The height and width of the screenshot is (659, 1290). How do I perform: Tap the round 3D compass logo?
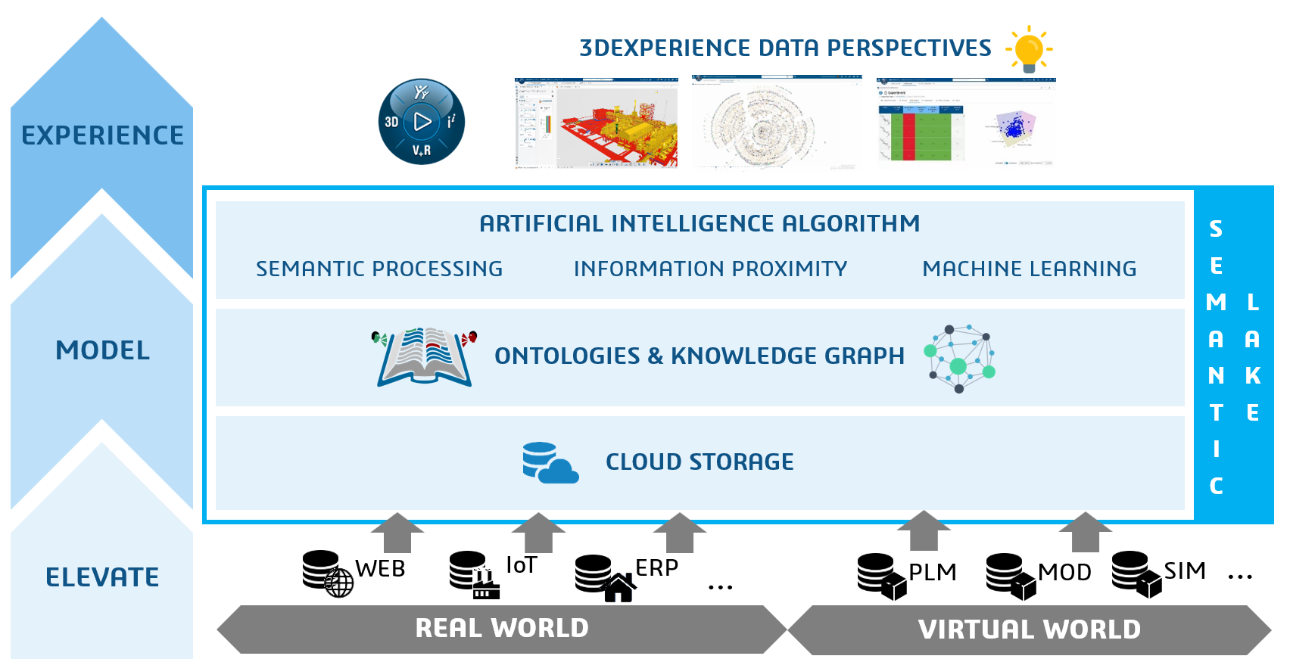[x=422, y=122]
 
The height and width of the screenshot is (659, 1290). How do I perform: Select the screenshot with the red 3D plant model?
[x=597, y=123]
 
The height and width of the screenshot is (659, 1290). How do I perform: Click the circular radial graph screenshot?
[x=777, y=123]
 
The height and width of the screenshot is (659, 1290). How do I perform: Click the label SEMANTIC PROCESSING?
[x=379, y=269]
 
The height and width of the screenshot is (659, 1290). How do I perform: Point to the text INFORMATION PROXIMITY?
[x=710, y=269]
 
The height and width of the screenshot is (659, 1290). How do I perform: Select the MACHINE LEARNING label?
[x=1029, y=269]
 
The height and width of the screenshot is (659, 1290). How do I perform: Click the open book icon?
[x=425, y=357]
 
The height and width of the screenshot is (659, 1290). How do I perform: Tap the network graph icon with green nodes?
[x=959, y=359]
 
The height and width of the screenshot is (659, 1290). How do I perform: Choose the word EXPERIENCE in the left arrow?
[x=102, y=135]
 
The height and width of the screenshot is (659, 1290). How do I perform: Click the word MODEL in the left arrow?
[x=102, y=350]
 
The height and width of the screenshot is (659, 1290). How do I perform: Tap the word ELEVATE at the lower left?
[x=102, y=577]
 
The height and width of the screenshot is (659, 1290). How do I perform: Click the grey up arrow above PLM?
[x=924, y=530]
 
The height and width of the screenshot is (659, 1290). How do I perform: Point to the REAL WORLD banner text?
[x=502, y=628]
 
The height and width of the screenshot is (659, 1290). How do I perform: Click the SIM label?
[x=1184, y=570]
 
